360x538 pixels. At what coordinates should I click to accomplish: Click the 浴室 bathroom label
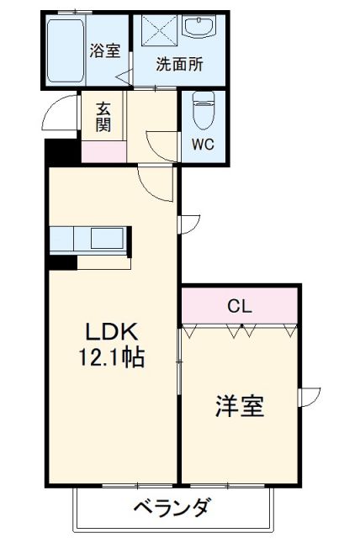coord(105,50)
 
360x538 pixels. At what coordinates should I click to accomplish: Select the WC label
coord(202,144)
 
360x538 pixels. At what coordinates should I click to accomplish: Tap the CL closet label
coord(239,306)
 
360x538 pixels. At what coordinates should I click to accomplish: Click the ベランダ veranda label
coord(171,509)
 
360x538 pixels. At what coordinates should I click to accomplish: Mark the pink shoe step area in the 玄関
coord(103,152)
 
